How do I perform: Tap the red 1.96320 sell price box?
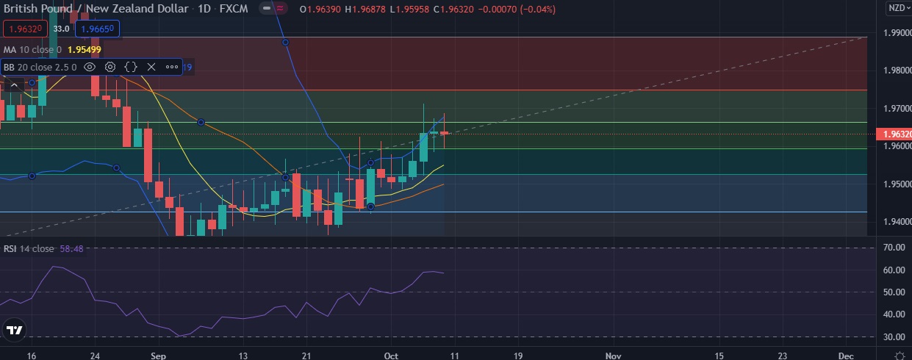(26, 29)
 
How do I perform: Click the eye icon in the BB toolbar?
(90, 67)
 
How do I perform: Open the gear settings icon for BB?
(110, 67)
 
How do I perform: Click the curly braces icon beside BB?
(131, 67)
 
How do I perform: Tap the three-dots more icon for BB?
(172, 67)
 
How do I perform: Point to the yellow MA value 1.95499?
(84, 49)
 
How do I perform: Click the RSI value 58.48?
(72, 249)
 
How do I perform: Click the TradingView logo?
(15, 331)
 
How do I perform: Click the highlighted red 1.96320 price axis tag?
(894, 134)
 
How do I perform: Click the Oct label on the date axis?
(391, 355)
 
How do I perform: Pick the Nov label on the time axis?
(612, 355)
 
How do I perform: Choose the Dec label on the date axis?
(845, 355)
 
